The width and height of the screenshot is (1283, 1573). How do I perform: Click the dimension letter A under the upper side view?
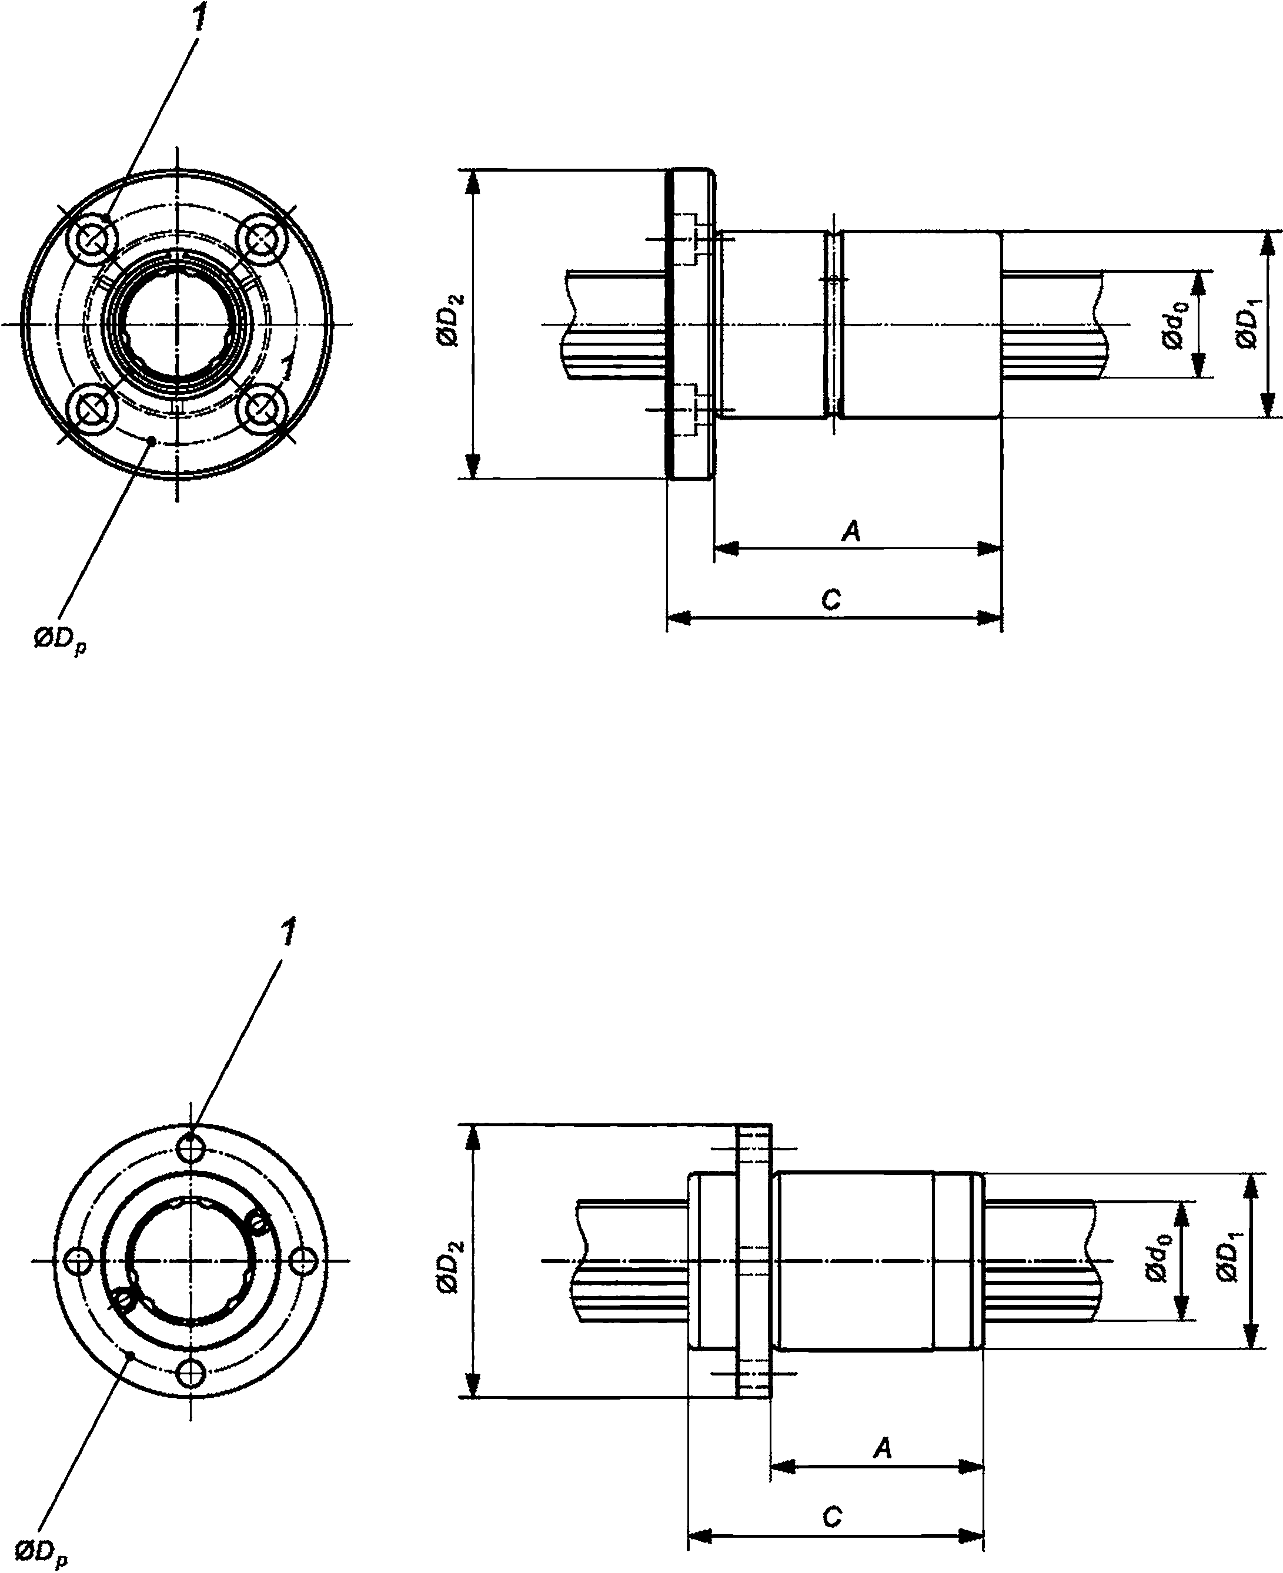(851, 530)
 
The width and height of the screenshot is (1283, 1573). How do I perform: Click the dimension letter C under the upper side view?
(831, 599)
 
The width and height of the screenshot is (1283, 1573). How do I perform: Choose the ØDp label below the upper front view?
(60, 641)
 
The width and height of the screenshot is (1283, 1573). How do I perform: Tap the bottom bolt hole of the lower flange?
(192, 1374)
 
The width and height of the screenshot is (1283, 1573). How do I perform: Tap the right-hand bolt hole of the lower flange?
(301, 1260)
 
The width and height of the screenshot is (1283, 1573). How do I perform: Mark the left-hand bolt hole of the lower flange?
(78, 1260)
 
